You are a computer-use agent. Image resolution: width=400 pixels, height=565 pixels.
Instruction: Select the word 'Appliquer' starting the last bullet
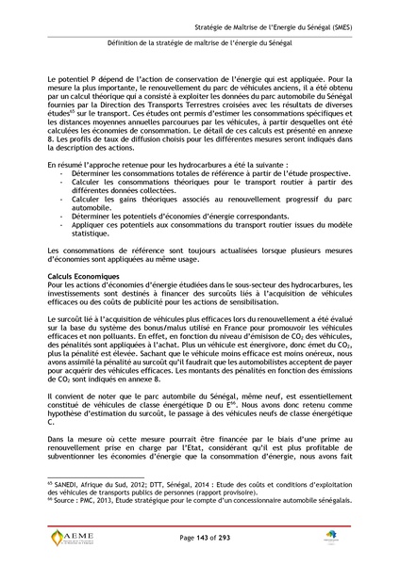90,227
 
